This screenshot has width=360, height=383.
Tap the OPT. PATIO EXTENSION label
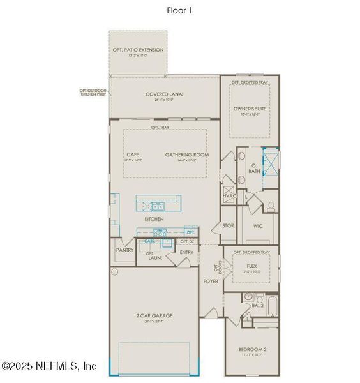point(138,50)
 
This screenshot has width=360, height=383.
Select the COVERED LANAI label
point(164,94)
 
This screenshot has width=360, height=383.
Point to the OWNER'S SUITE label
point(248,109)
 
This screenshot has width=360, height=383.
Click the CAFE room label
point(133,154)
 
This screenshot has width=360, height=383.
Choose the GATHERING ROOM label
point(187,154)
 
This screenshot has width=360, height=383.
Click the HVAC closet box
point(229,195)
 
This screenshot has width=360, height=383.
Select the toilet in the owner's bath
point(271,206)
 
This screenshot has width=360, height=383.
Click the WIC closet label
point(258,226)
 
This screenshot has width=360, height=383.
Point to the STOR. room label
point(229,226)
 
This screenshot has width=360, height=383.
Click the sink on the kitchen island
point(156,206)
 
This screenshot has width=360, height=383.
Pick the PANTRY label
point(124,250)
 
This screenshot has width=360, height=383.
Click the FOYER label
point(211,280)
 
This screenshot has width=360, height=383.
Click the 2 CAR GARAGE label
point(153,315)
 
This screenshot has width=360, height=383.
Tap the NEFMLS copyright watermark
point(49,366)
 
